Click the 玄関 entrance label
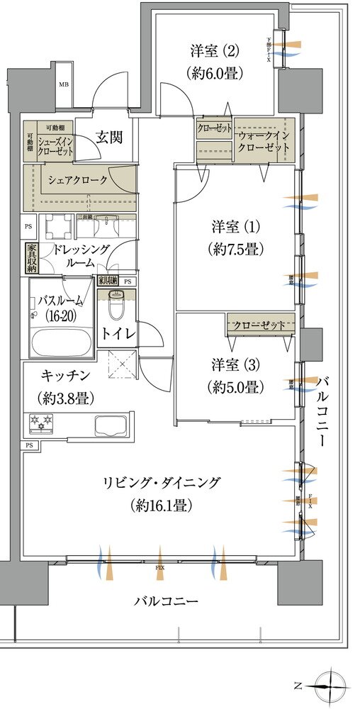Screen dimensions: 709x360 (110, 137)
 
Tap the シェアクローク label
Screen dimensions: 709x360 (78, 180)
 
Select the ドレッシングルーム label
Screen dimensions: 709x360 (79, 255)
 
